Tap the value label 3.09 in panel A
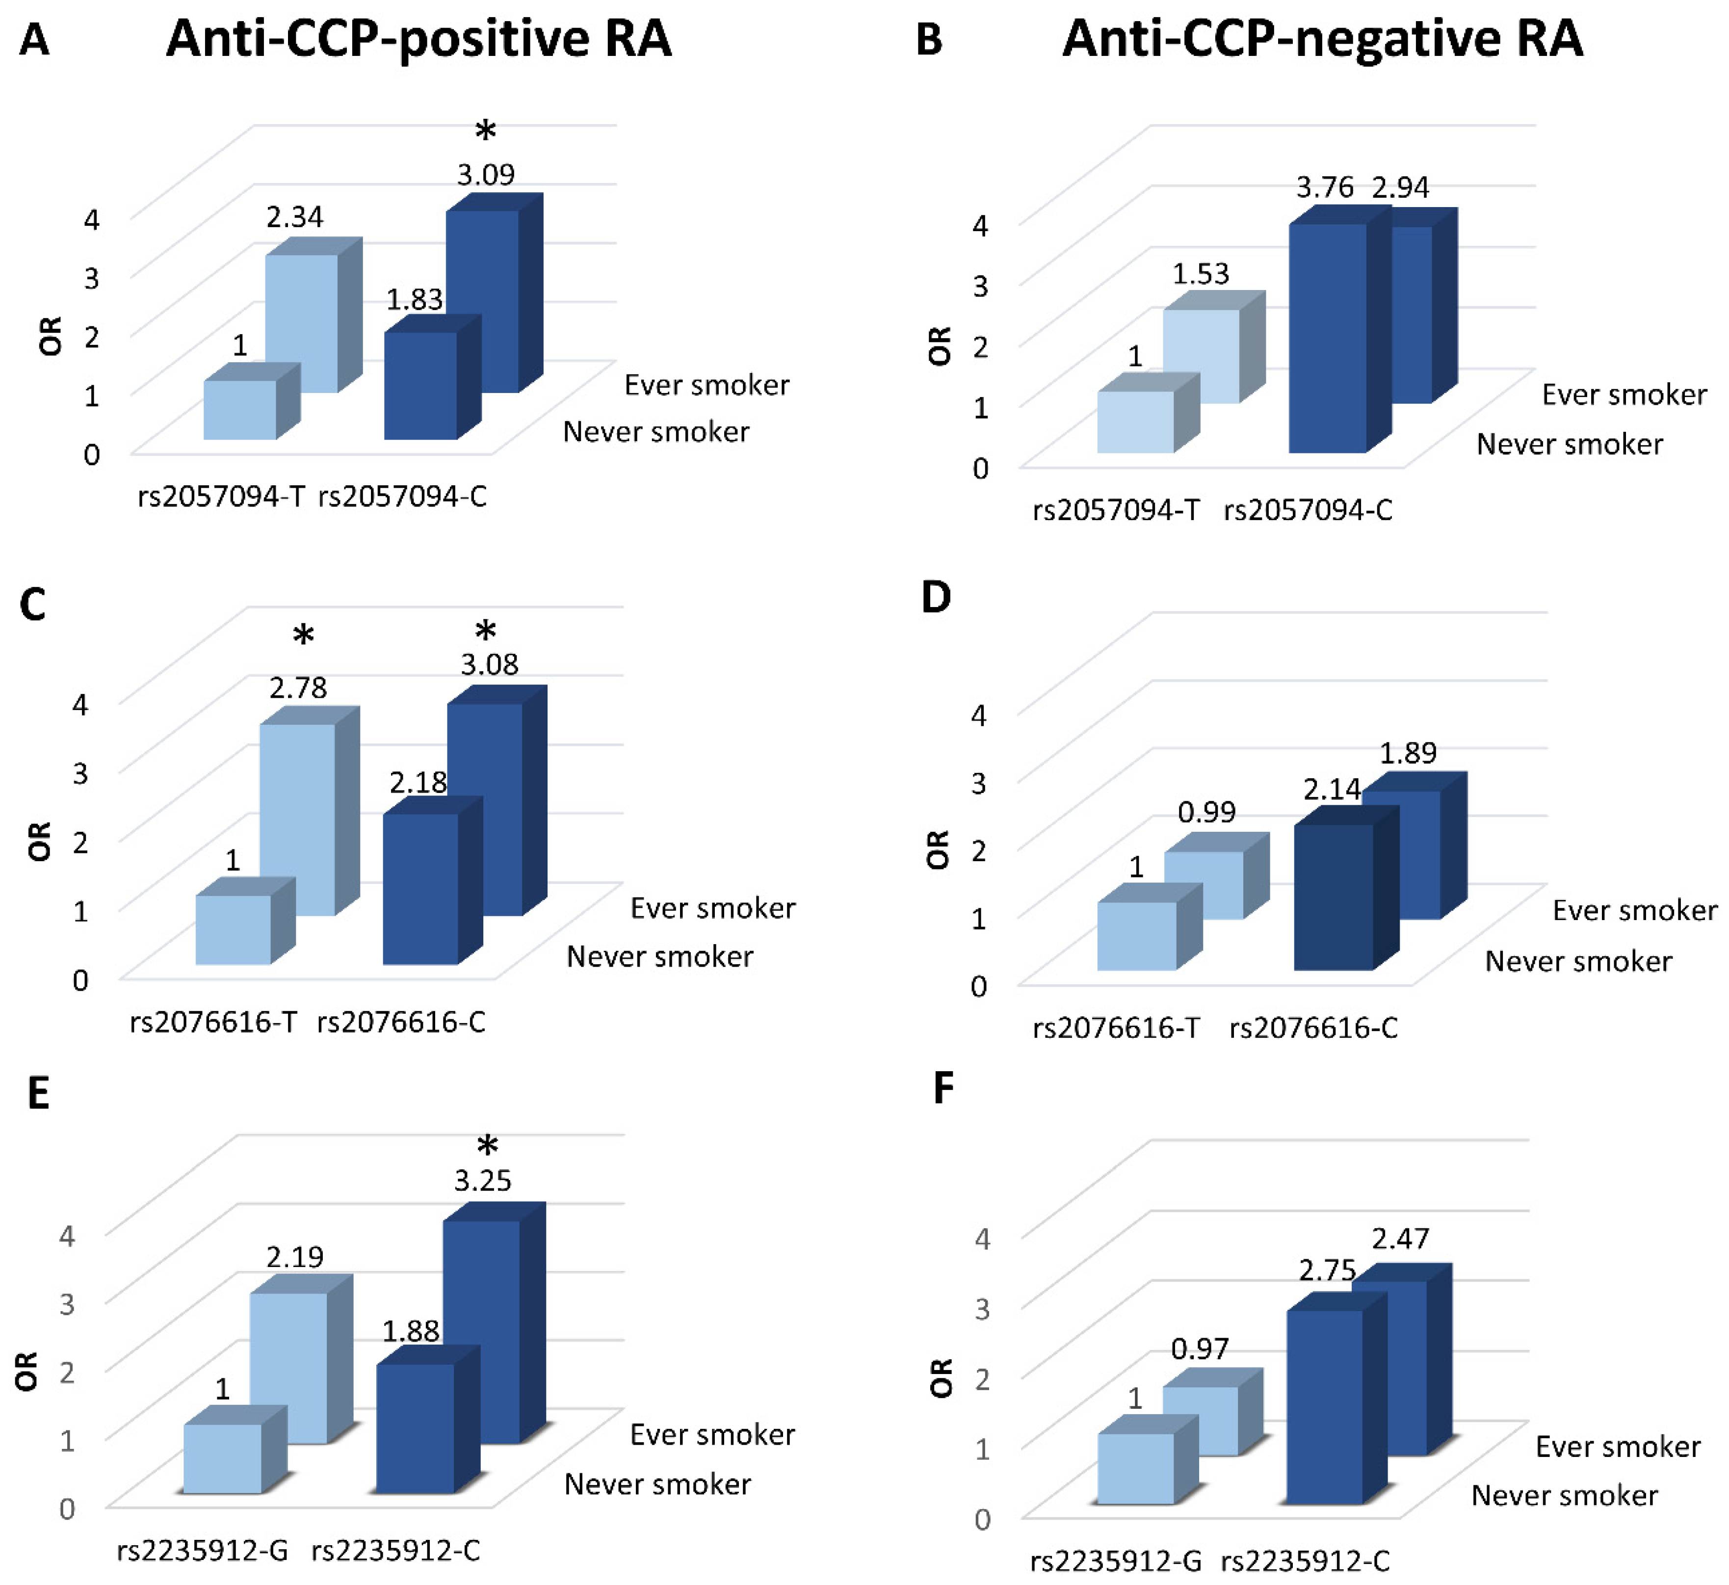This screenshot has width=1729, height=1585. (485, 175)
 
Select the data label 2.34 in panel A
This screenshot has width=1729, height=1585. (294, 217)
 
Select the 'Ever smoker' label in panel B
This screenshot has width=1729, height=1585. (1624, 395)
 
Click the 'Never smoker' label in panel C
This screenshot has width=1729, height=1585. (659, 956)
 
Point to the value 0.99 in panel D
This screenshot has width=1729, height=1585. (1206, 812)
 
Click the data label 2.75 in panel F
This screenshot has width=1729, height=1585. (1327, 1270)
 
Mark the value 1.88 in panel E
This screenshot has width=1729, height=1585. (410, 1331)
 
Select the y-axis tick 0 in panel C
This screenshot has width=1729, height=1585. (80, 979)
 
